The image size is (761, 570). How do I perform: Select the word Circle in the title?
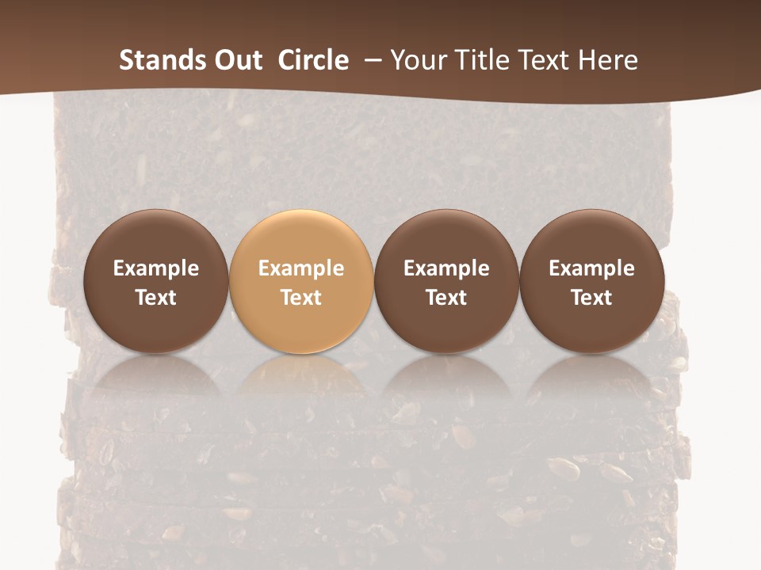[x=313, y=60]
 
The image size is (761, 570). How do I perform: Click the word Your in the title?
[x=416, y=60]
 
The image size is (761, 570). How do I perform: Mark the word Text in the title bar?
[x=546, y=60]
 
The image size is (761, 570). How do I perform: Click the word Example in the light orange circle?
[x=301, y=268]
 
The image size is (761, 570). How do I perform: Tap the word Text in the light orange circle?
[x=301, y=298]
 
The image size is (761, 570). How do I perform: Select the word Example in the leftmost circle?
[x=155, y=268]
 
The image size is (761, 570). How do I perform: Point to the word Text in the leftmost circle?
[x=155, y=298]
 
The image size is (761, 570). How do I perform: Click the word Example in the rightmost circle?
[x=591, y=268]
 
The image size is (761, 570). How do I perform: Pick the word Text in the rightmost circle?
[x=591, y=298]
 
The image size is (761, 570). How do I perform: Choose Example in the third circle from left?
[x=446, y=268]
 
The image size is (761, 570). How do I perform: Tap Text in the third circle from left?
[x=446, y=298]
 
